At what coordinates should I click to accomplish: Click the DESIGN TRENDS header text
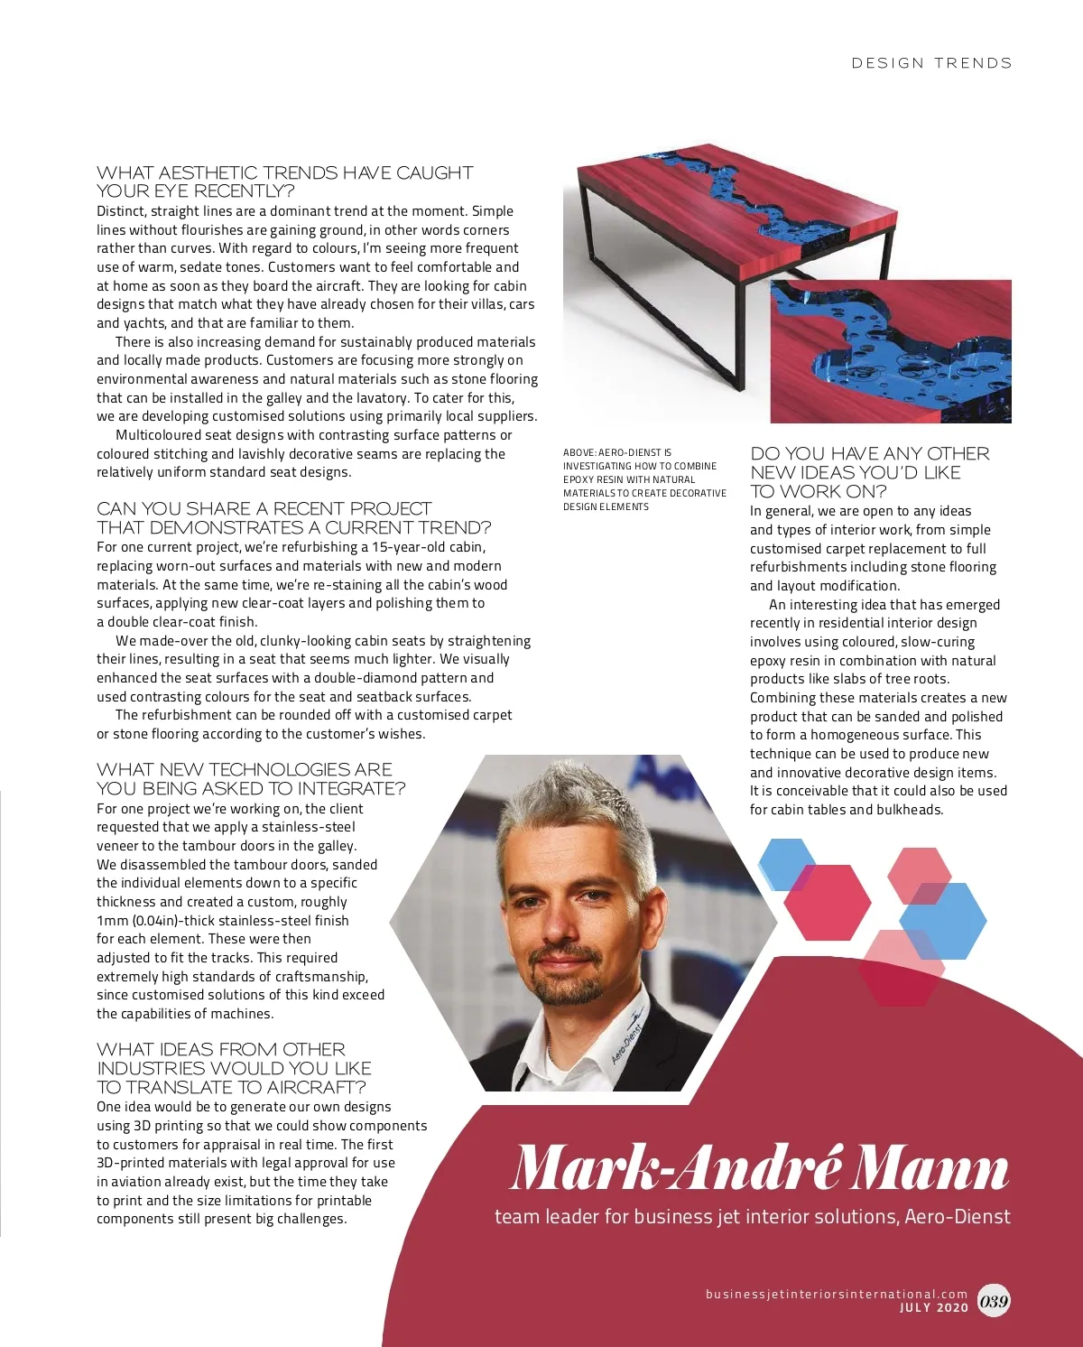pyautogui.click(x=931, y=63)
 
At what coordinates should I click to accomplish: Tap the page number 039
pyautogui.click(x=994, y=1301)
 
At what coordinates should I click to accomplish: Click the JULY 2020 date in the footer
pyautogui.click(x=933, y=1307)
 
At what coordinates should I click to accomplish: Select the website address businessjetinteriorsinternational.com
pyautogui.click(x=836, y=1294)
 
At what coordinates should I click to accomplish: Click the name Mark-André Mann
pyautogui.click(x=759, y=1168)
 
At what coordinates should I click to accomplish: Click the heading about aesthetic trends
pyautogui.click(x=284, y=181)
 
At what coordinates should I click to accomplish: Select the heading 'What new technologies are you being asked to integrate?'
pyautogui.click(x=250, y=778)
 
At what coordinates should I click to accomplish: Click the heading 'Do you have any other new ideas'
pyautogui.click(x=869, y=472)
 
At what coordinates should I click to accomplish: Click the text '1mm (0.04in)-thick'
pyautogui.click(x=160, y=921)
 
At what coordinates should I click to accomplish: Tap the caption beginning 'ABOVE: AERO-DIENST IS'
pyautogui.click(x=643, y=479)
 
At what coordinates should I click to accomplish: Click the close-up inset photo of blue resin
pyautogui.click(x=890, y=352)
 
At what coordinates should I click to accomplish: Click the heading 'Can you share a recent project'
pyautogui.click(x=293, y=518)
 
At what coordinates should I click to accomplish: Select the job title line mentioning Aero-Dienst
pyautogui.click(x=752, y=1217)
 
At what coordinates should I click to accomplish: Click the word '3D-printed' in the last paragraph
pyautogui.click(x=130, y=1163)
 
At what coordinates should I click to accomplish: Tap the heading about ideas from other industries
pyautogui.click(x=234, y=1068)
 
